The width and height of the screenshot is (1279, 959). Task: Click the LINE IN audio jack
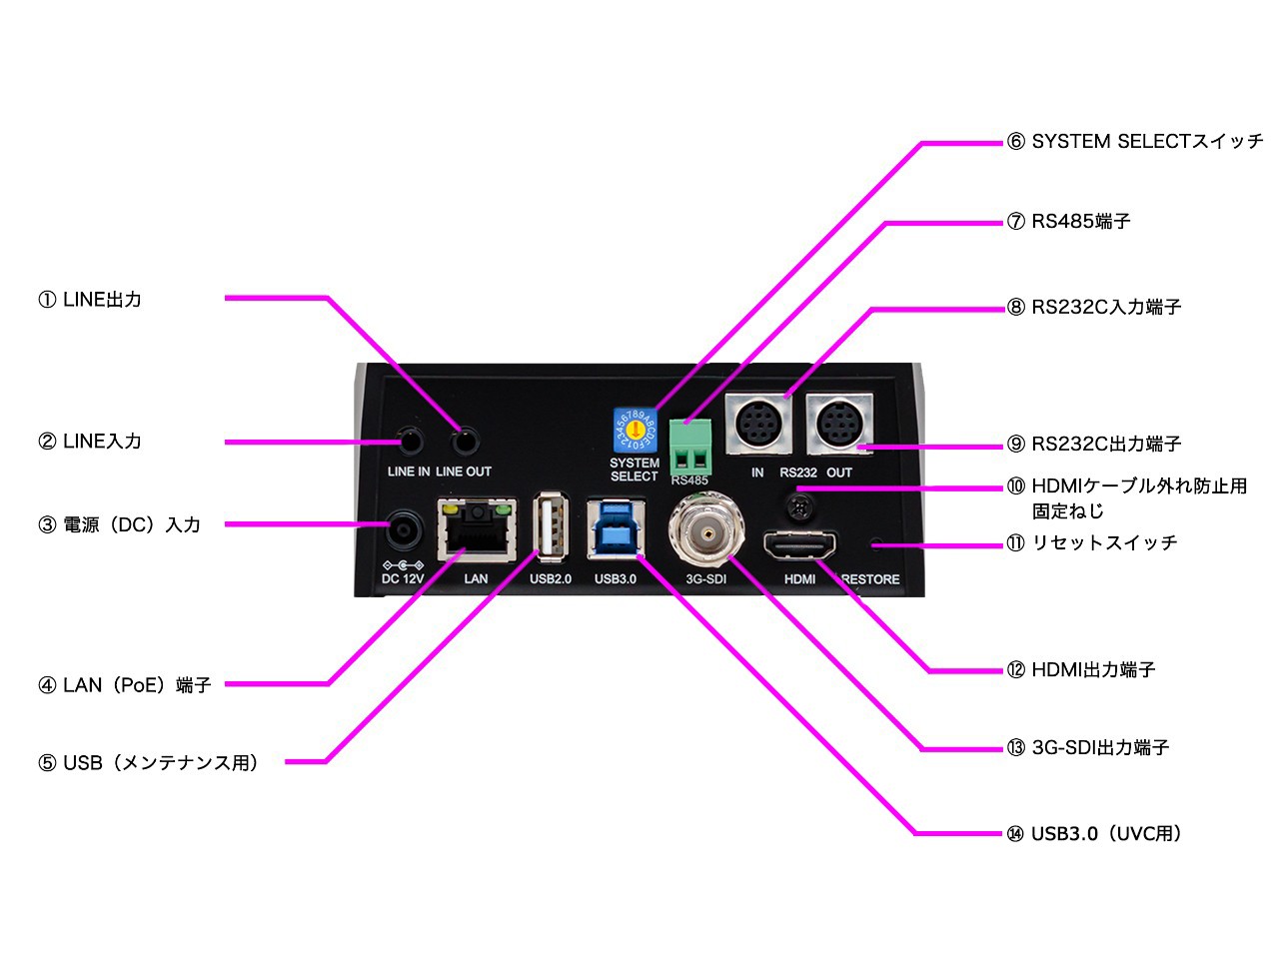(x=410, y=442)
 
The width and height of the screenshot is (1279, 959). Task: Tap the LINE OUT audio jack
(x=465, y=442)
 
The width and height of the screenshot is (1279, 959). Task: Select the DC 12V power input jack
(x=404, y=530)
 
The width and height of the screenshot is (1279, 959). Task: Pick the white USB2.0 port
(x=551, y=525)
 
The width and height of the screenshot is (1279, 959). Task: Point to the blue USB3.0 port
(x=615, y=527)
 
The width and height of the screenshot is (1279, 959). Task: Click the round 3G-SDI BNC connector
(x=706, y=534)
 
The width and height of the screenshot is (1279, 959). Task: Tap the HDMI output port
(x=799, y=546)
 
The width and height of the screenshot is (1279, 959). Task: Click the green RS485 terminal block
(x=690, y=446)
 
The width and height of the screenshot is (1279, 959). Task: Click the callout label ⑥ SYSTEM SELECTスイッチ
(x=1135, y=142)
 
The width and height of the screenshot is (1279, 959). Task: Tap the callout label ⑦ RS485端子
(x=1069, y=222)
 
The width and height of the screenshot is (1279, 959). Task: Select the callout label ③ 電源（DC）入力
(x=120, y=524)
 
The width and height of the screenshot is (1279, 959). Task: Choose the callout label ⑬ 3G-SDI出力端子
(x=1088, y=747)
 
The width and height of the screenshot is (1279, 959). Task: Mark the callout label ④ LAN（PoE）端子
(x=125, y=685)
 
